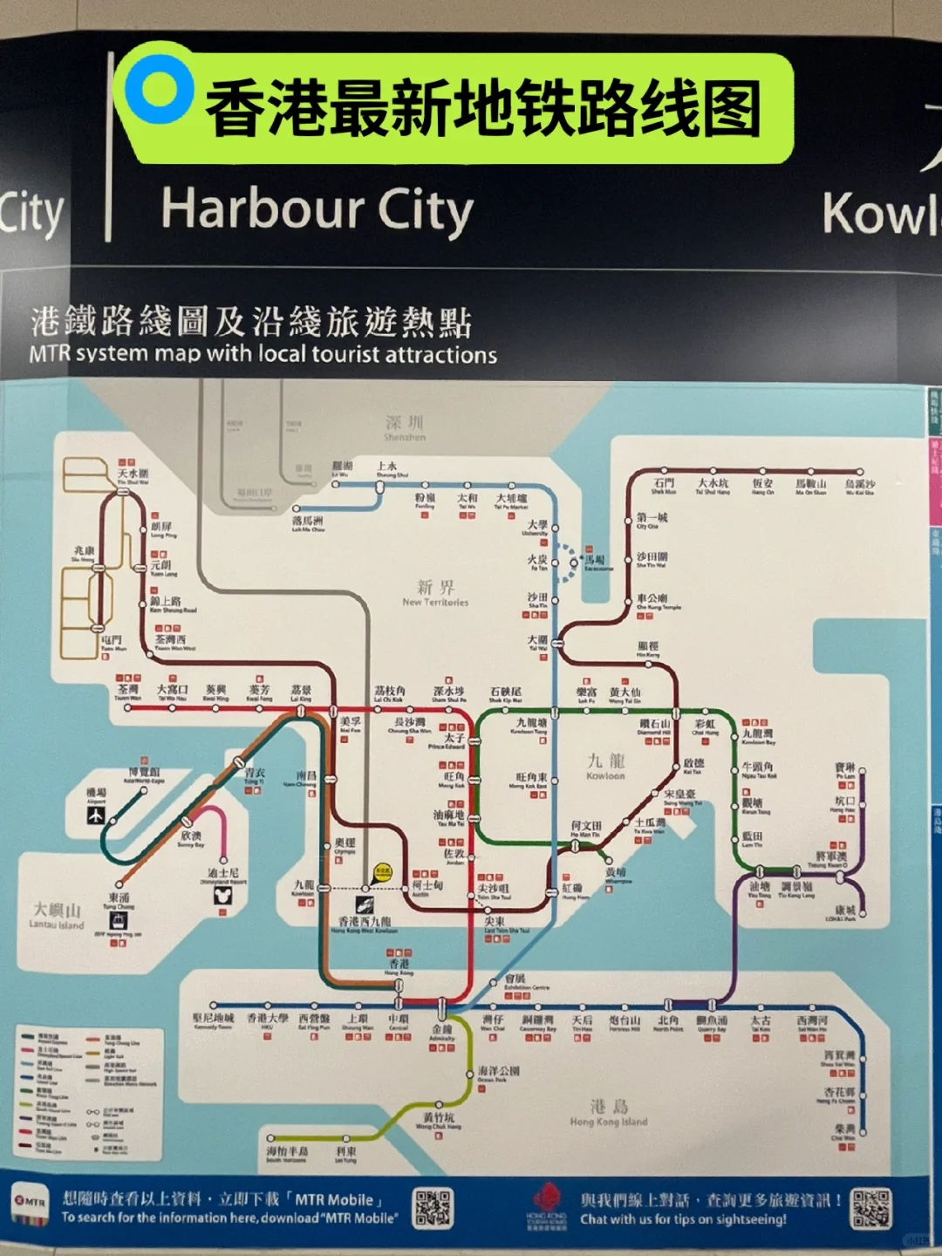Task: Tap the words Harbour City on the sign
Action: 317,210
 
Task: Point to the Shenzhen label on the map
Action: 405,427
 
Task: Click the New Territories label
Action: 435,593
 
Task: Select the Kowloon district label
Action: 605,766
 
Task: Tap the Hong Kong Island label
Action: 609,1113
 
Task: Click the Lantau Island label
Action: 57,916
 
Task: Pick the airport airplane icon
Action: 95,816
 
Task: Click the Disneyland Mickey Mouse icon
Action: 222,896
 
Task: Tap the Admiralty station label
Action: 442,1033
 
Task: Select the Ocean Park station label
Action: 499,1074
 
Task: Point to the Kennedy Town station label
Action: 213,1020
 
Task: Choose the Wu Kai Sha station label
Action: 860,487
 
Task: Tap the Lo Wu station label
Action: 342,468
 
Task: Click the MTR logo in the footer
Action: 31,1203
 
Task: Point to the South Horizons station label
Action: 286,1155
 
